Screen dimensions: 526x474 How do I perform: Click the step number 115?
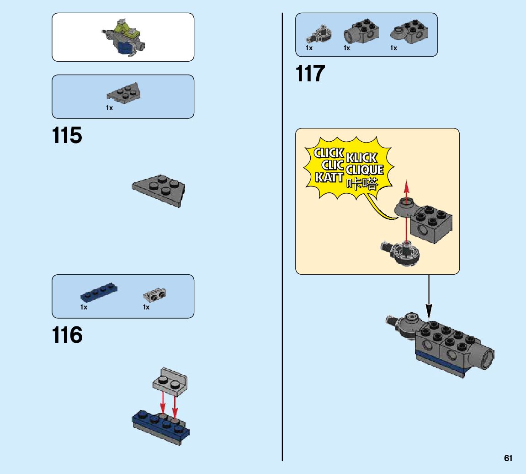(67, 136)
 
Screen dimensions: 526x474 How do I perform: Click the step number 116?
(67, 336)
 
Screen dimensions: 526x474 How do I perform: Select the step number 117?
(310, 74)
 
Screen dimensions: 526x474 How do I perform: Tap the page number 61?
(508, 458)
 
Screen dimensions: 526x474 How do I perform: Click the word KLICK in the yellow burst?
(361, 158)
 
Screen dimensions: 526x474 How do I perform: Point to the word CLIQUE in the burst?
(364, 170)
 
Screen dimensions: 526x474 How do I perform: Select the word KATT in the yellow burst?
(329, 177)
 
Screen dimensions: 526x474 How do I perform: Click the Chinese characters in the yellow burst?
(362, 184)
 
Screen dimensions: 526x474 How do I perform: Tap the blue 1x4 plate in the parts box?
(99, 292)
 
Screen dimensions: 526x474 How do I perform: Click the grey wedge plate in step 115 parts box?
(124, 91)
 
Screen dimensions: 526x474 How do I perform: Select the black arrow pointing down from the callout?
(429, 297)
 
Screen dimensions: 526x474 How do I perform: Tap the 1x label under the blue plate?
(84, 307)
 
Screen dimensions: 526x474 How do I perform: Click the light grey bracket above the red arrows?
(170, 381)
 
